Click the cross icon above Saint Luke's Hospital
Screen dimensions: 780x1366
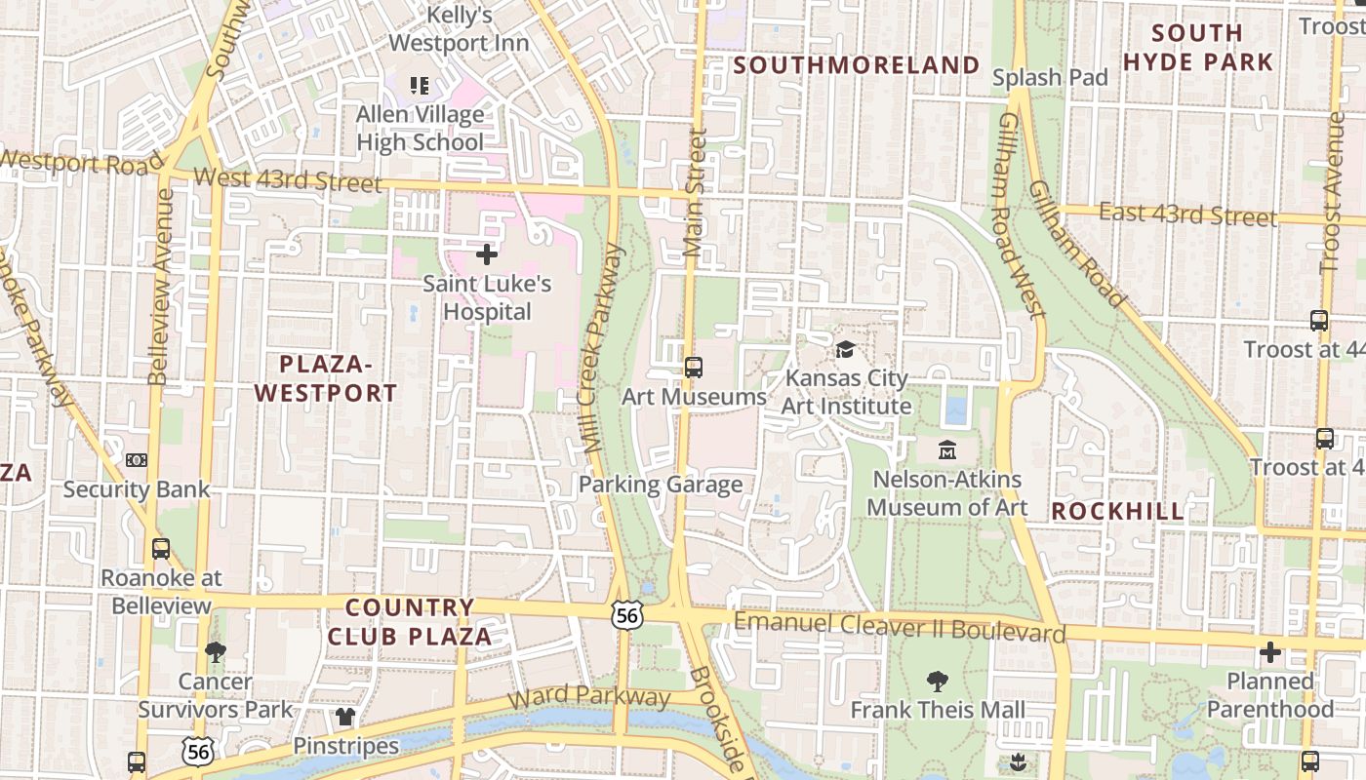(487, 255)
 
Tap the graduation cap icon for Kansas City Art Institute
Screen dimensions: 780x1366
(846, 349)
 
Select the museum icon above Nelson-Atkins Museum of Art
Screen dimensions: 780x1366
(946, 450)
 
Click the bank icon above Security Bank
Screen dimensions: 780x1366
(137, 459)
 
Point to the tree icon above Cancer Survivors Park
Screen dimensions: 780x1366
(216, 651)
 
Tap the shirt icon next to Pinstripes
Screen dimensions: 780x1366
(345, 718)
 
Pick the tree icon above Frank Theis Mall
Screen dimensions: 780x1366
(938, 681)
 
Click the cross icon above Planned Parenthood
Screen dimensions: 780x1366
(1269, 652)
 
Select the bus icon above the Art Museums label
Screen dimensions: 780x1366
(694, 368)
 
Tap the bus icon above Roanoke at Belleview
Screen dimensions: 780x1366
(161, 549)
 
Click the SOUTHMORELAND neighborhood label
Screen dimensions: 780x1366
(857, 65)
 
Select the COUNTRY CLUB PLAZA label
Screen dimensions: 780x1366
(410, 622)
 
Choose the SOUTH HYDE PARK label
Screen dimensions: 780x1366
(1197, 48)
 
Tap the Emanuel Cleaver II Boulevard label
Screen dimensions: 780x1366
(900, 627)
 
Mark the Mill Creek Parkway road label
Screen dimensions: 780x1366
(601, 349)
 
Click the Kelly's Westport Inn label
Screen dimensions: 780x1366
(460, 29)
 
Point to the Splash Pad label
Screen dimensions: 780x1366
(1050, 77)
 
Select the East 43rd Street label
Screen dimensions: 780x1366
(1187, 214)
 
